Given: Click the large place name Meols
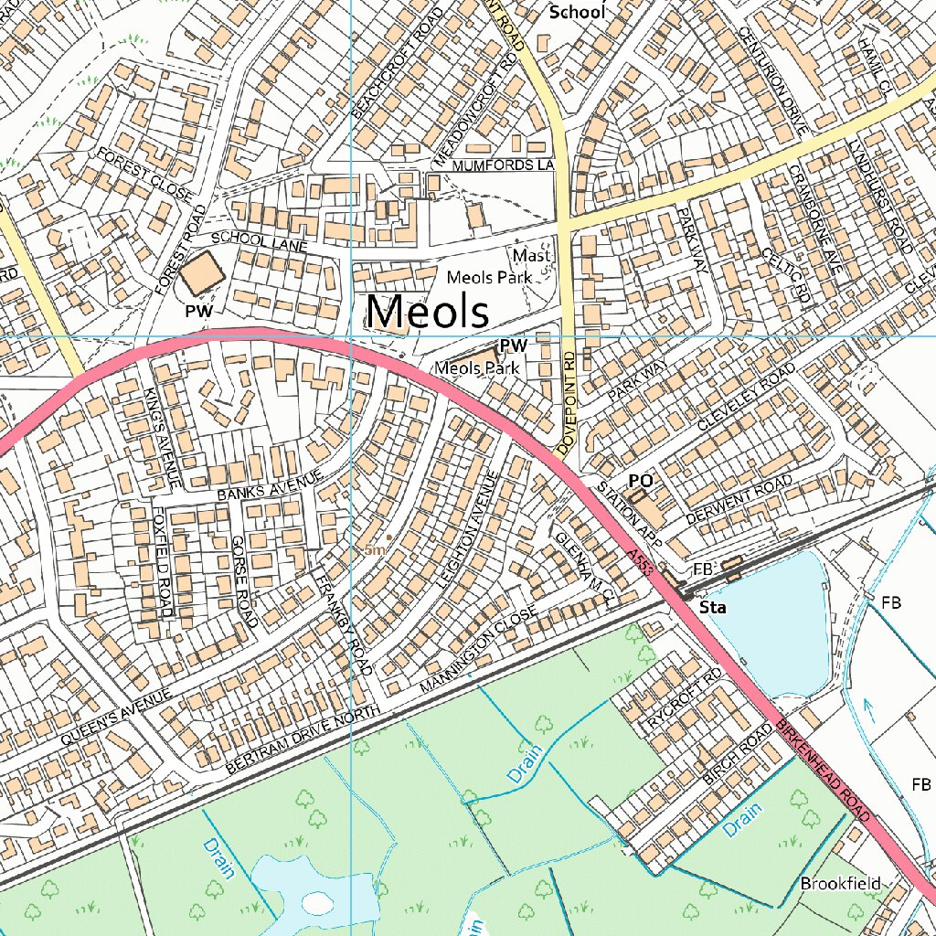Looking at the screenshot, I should pos(427,312).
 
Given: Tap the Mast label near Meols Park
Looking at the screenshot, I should pos(531,256).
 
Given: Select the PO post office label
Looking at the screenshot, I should pos(641,481).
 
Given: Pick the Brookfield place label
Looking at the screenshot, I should pos(840,883).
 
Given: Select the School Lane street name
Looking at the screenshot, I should pos(253,241).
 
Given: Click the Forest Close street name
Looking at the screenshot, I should pos(146,174).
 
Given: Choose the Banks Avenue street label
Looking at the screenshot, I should pos(271,485).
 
